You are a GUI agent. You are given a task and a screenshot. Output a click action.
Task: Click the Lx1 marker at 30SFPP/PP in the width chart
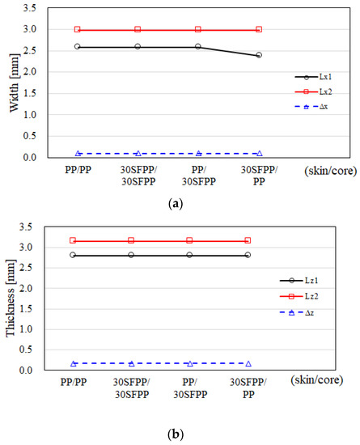tap(259, 55)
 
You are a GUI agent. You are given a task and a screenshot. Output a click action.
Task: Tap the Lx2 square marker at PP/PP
tap(78, 29)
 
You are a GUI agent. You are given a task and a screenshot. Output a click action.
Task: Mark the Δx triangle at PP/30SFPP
tap(198, 153)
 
